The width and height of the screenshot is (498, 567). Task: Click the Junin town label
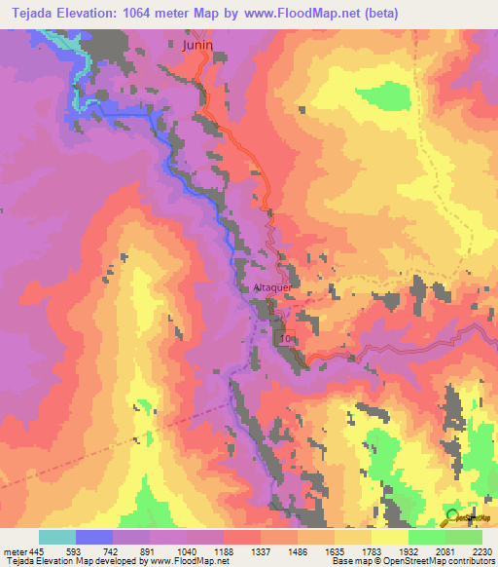pos(196,43)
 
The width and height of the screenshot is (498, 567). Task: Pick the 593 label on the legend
pos(75,550)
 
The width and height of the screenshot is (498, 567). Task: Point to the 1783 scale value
pos(372,550)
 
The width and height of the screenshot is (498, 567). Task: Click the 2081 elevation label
pos(445,550)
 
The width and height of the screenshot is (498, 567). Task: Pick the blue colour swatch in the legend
pos(94,537)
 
